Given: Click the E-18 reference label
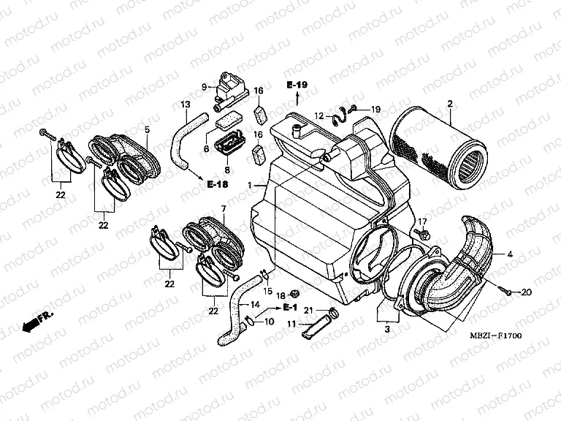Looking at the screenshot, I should pos(216,183).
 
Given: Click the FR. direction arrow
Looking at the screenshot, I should pos(36,319).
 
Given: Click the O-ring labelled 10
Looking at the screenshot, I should pos(251,319).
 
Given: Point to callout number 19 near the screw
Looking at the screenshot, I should pos(375,110).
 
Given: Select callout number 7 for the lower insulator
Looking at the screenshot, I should pos(224,209).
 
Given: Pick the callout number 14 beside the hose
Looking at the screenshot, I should pos(255,305).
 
